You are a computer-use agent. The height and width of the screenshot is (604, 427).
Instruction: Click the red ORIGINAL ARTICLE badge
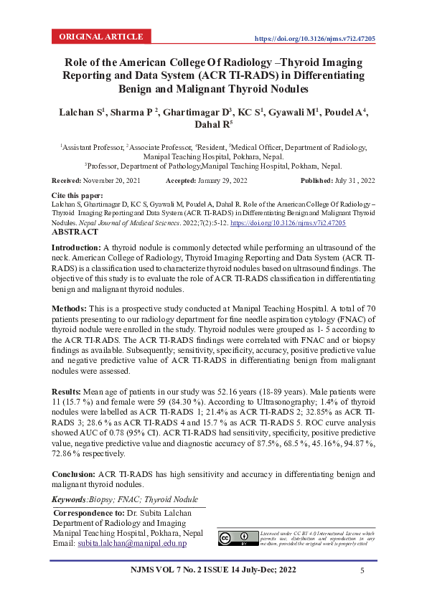101,37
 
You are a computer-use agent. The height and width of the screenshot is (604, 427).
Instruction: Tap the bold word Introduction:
77,247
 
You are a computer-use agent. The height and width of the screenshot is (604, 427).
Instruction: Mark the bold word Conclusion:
74,474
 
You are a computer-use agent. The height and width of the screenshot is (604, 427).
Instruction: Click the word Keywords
70,499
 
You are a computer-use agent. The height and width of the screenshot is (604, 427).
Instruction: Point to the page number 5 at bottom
362,570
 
